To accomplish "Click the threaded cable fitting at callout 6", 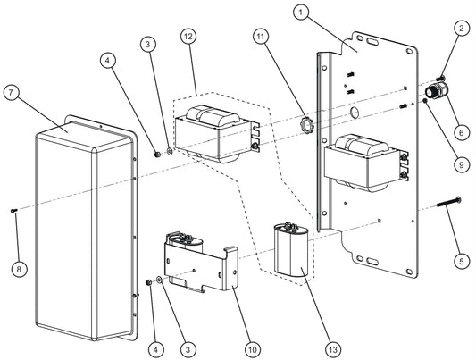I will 438,90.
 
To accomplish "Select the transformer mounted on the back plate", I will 364,159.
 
